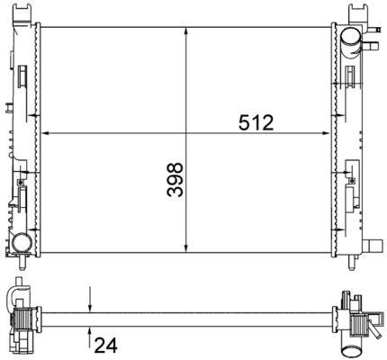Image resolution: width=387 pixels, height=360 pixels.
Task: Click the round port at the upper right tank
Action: [349, 37]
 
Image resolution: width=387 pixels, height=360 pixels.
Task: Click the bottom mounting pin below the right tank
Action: [346, 262]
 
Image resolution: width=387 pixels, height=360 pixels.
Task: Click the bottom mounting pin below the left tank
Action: [20, 262]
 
